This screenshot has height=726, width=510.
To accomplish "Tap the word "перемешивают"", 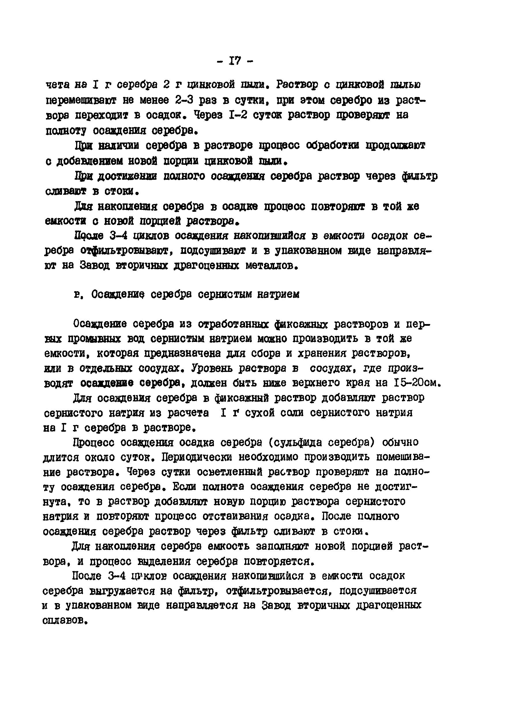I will [81, 100].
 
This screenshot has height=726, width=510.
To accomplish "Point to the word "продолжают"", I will [395, 146].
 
